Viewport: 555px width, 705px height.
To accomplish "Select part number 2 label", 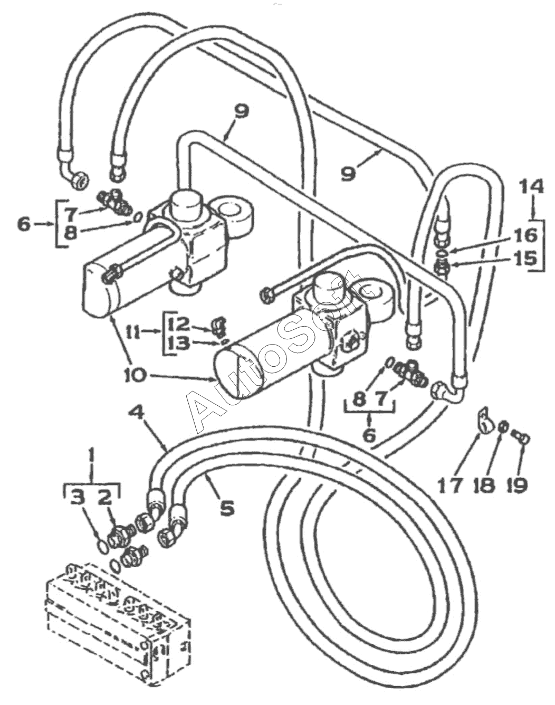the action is (x=106, y=499).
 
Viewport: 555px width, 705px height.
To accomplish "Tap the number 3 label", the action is (x=78, y=499).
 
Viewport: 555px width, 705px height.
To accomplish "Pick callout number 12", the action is (x=179, y=325).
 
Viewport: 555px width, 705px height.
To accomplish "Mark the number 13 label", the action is (x=179, y=344).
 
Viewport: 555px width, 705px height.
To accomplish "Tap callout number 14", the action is (x=532, y=187).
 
